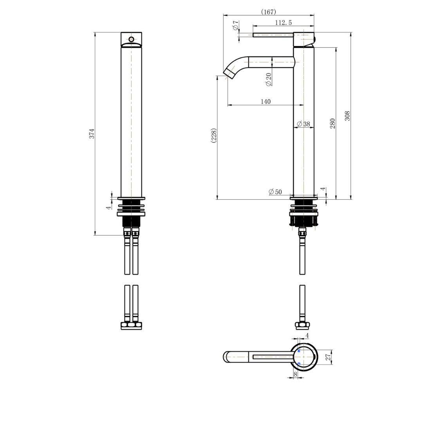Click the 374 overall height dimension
(x=92, y=134)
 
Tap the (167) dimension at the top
(x=269, y=12)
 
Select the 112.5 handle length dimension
(x=283, y=23)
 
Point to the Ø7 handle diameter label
(x=235, y=25)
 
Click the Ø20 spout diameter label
(x=269, y=80)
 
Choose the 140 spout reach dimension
(x=266, y=102)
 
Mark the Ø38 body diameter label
(x=304, y=124)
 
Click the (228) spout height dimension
(x=214, y=136)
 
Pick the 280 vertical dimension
(x=333, y=123)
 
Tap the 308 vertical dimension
(x=347, y=116)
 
